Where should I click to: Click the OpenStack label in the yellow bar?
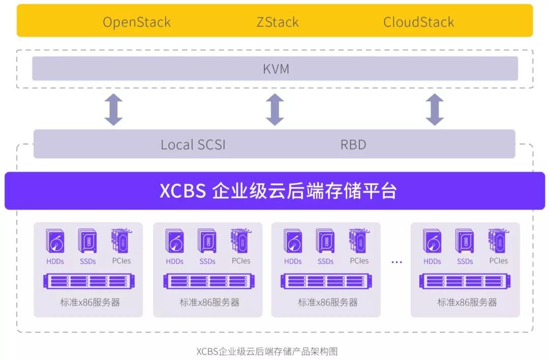click(136, 22)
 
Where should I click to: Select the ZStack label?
click(277, 22)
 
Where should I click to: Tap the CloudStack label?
click(418, 22)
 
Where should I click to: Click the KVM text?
click(276, 69)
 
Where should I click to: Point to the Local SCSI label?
click(193, 145)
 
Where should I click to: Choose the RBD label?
click(353, 145)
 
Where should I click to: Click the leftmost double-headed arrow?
click(113, 109)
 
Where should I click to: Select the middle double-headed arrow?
click(275, 109)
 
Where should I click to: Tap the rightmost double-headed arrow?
click(435, 109)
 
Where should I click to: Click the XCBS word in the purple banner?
click(182, 191)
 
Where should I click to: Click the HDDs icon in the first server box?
click(55, 242)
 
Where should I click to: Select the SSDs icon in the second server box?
click(207, 241)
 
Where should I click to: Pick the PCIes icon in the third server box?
click(359, 241)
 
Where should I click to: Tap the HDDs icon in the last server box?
click(432, 242)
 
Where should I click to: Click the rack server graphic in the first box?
click(88, 281)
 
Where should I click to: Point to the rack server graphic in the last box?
click(466, 281)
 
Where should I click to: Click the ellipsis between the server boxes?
click(396, 262)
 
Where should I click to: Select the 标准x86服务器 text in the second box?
click(209, 302)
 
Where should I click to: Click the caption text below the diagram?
click(267, 351)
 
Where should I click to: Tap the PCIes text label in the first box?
click(121, 261)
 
